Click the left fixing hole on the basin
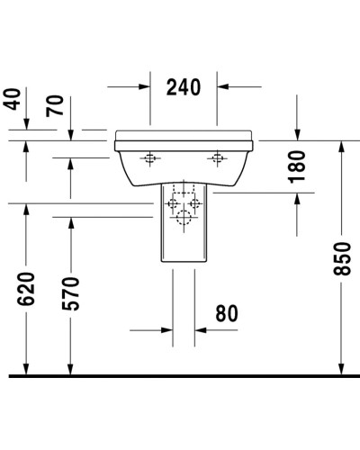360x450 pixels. point(150,160)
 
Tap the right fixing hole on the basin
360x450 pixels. point(215,160)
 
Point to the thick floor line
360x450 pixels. point(180,374)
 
